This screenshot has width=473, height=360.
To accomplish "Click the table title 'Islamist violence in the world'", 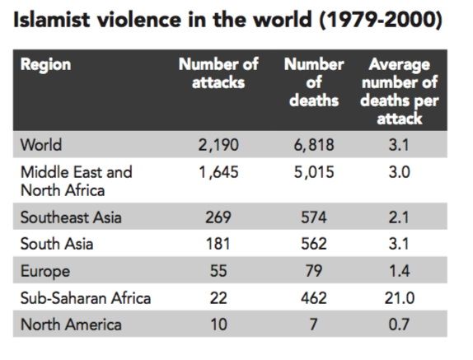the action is tap(162, 20).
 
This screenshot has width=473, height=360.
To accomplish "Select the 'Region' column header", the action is tap(46, 65).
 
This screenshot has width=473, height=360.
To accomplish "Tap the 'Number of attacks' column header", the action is tap(218, 73).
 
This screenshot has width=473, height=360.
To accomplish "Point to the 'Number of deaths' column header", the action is tap(314, 82).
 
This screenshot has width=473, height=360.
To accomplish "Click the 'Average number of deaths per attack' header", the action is tap(400, 91).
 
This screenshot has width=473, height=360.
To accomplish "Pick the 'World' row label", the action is tap(41, 145).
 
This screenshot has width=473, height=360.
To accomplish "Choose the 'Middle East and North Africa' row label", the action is tap(77, 181).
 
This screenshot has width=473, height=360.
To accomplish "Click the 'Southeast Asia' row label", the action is tap(71, 217).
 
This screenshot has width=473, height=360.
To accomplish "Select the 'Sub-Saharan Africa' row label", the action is tap(86, 298).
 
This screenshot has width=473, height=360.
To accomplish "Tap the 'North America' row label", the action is tap(71, 325).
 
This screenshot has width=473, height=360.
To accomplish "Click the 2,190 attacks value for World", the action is tap(218, 145).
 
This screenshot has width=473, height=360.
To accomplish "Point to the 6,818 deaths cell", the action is tap(314, 145).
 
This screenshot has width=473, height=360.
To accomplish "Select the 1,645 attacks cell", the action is tap(218, 172).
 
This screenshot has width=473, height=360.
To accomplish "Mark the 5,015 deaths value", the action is tap(314, 172).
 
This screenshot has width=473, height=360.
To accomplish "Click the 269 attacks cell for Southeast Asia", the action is tap(218, 217).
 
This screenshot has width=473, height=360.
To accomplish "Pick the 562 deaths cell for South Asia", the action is tap(314, 244).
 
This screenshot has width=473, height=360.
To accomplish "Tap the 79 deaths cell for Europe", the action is tap(314, 271).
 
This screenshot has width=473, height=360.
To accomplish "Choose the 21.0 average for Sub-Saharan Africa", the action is tap(400, 298).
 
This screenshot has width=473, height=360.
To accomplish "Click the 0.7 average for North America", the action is tap(399, 325).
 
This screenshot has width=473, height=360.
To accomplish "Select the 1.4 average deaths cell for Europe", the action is tap(399, 271).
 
